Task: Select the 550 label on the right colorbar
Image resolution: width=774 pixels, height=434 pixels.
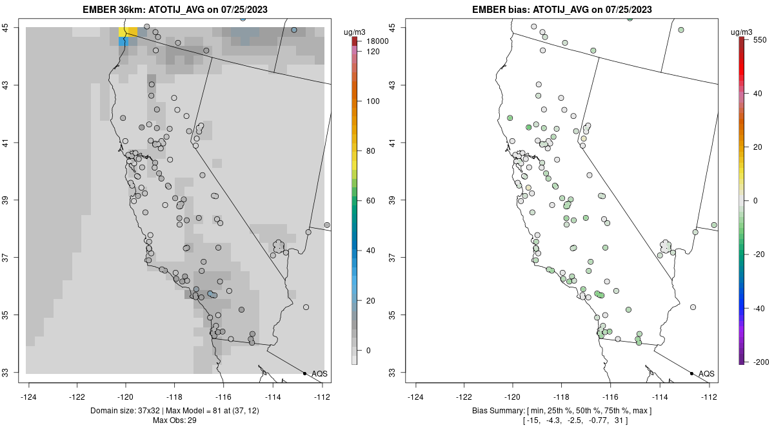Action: [759, 39]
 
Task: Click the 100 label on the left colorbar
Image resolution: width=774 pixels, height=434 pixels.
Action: [372, 101]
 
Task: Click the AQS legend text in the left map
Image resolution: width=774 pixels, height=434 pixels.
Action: [319, 374]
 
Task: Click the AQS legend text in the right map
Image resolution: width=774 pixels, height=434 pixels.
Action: [706, 374]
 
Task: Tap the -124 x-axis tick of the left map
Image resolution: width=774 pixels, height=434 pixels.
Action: [29, 396]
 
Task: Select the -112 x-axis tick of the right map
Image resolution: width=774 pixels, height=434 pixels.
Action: [709, 396]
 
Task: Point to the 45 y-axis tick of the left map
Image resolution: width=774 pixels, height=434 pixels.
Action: [13, 27]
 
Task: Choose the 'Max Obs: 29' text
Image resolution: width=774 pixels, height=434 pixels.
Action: [175, 421]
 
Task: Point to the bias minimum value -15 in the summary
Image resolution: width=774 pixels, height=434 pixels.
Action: [533, 421]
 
